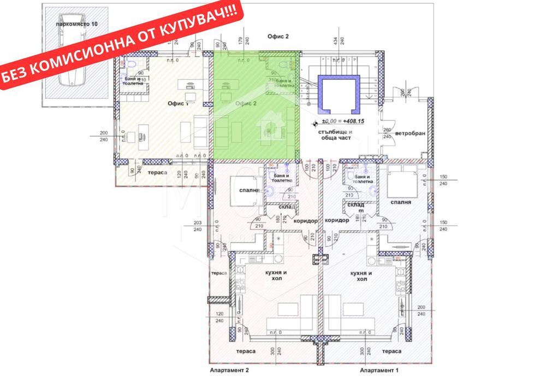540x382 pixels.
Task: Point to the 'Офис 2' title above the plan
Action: click(277, 36)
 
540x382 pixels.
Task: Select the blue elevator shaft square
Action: click(339, 92)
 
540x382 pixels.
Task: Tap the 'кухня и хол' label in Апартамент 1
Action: click(361, 275)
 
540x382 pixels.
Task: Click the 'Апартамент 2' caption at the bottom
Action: click(229, 371)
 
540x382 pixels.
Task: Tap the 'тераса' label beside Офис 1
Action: click(157, 172)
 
